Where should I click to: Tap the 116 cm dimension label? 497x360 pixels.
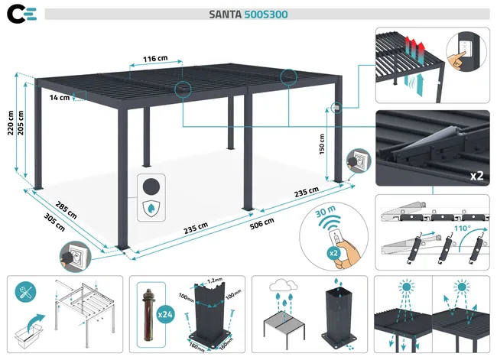[155, 58]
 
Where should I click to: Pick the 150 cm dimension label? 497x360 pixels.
[323, 144]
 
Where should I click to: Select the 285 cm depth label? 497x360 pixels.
[66, 209]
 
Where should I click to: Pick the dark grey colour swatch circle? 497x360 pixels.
[154, 185]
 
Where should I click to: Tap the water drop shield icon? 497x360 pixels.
[154, 209]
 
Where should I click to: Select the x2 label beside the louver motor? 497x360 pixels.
[476, 175]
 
